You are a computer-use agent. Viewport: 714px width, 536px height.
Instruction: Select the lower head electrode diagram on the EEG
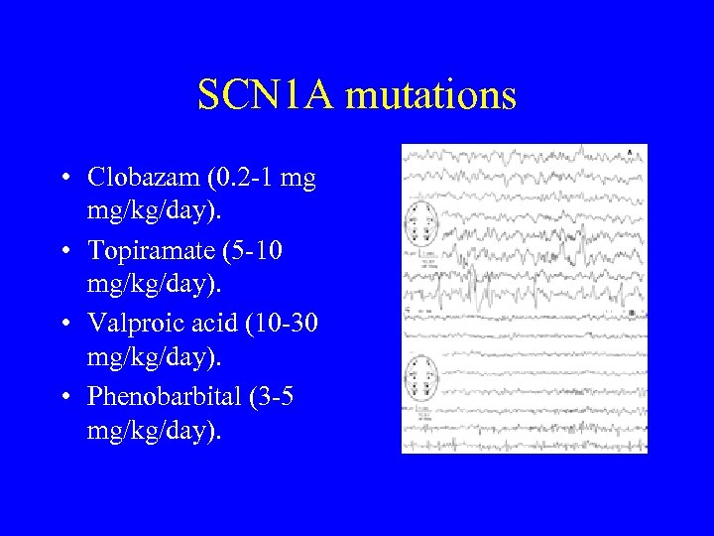tap(420, 378)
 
